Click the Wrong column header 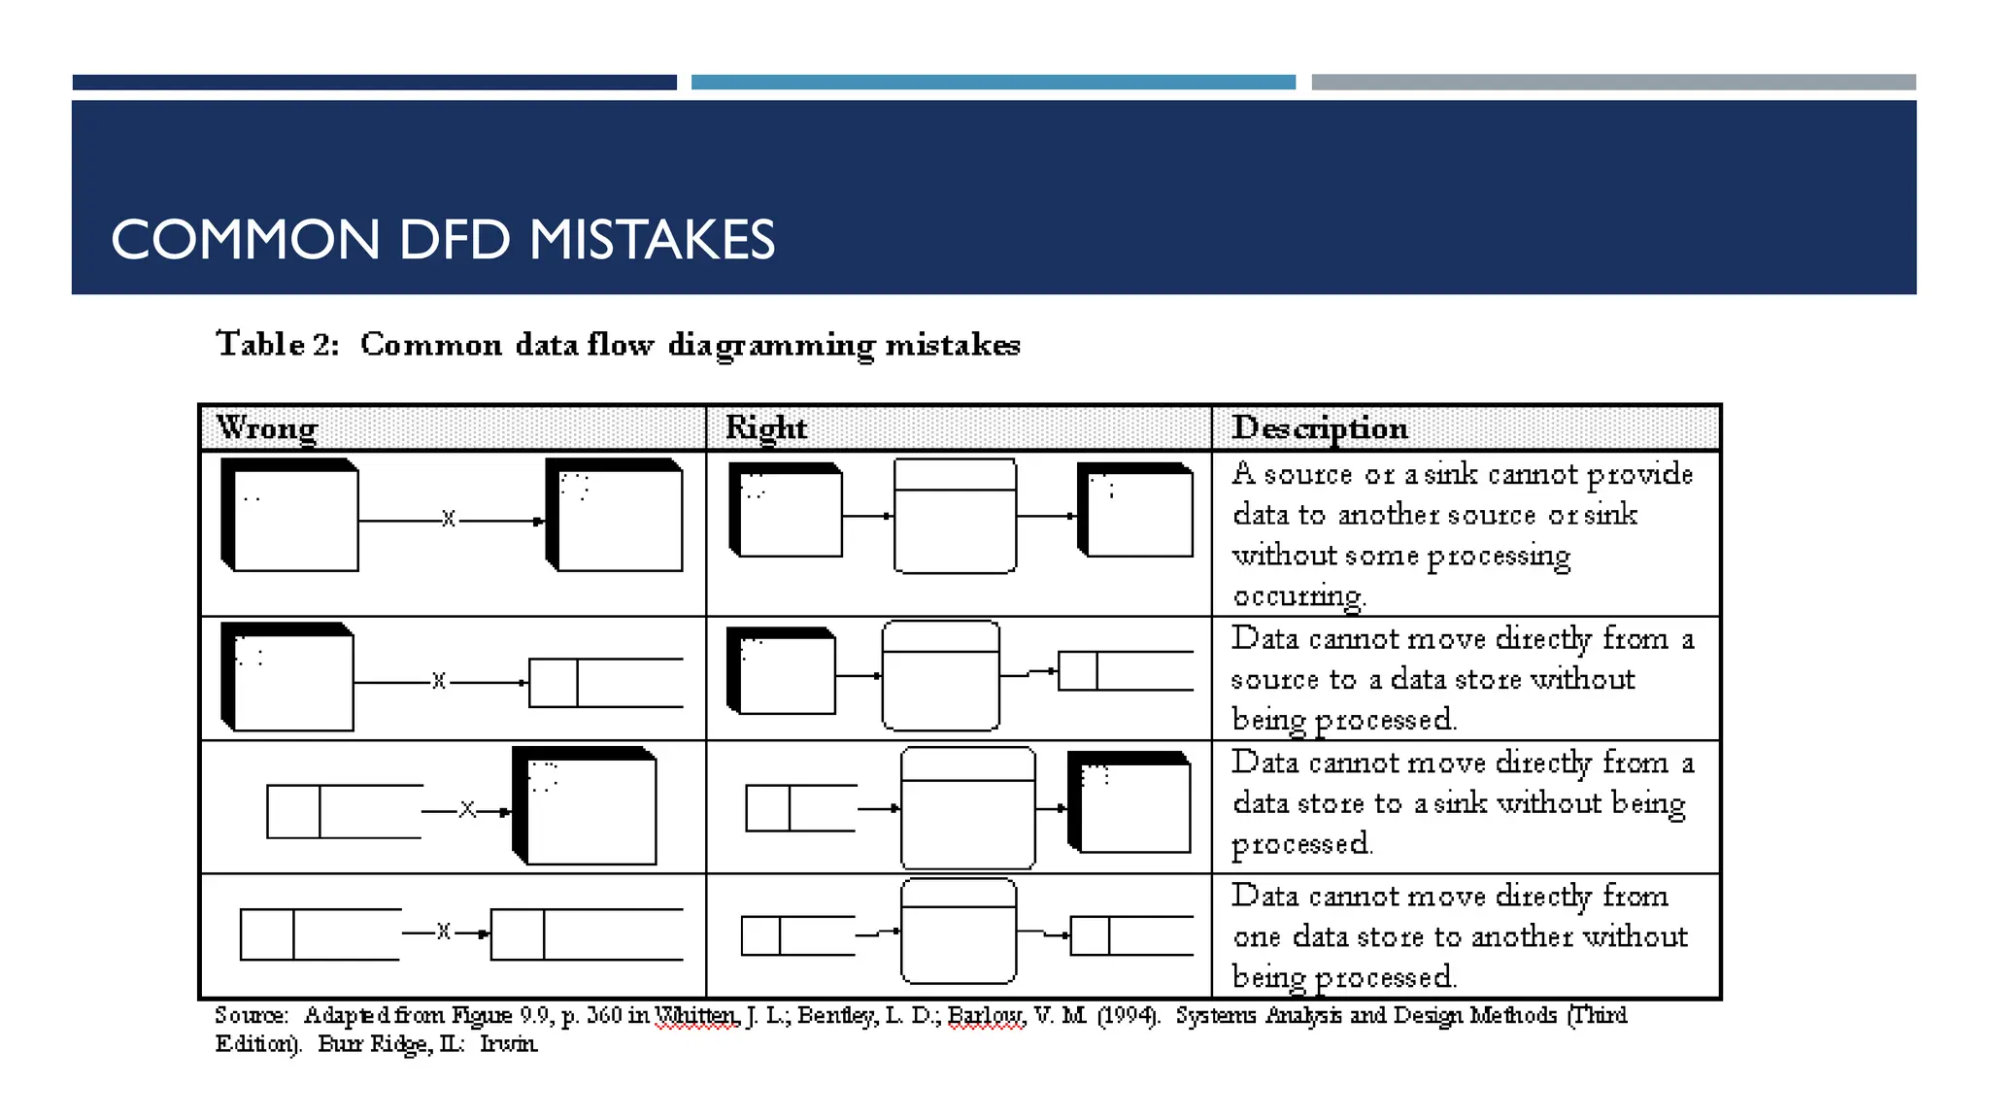pyautogui.click(x=267, y=427)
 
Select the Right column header pyautogui.click(x=766, y=427)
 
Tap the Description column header pyautogui.click(x=1320, y=427)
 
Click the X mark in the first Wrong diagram pyautogui.click(x=448, y=519)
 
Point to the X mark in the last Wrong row pyautogui.click(x=443, y=932)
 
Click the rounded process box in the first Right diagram pyautogui.click(x=955, y=517)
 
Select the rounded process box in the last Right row pyautogui.click(x=959, y=932)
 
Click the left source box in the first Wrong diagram pyautogui.click(x=290, y=516)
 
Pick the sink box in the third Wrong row pyautogui.click(x=586, y=806)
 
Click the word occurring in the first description pyautogui.click(x=1298, y=595)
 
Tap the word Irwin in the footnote pyautogui.click(x=508, y=1044)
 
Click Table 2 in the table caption pyautogui.click(x=277, y=344)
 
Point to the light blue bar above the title pyautogui.click(x=993, y=83)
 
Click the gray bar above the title pyautogui.click(x=1613, y=83)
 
